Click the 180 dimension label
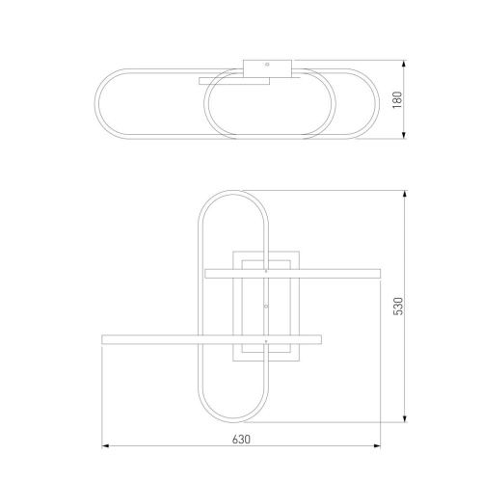point(398,99)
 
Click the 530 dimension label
point(398,307)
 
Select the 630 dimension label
point(241,440)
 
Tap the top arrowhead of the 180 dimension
point(404,64)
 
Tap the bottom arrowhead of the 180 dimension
point(404,135)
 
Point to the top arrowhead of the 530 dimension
point(405,195)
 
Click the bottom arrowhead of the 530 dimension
point(405,418)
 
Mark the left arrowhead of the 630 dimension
point(106,446)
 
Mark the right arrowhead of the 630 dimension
point(376,446)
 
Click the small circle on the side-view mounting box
point(267,65)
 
